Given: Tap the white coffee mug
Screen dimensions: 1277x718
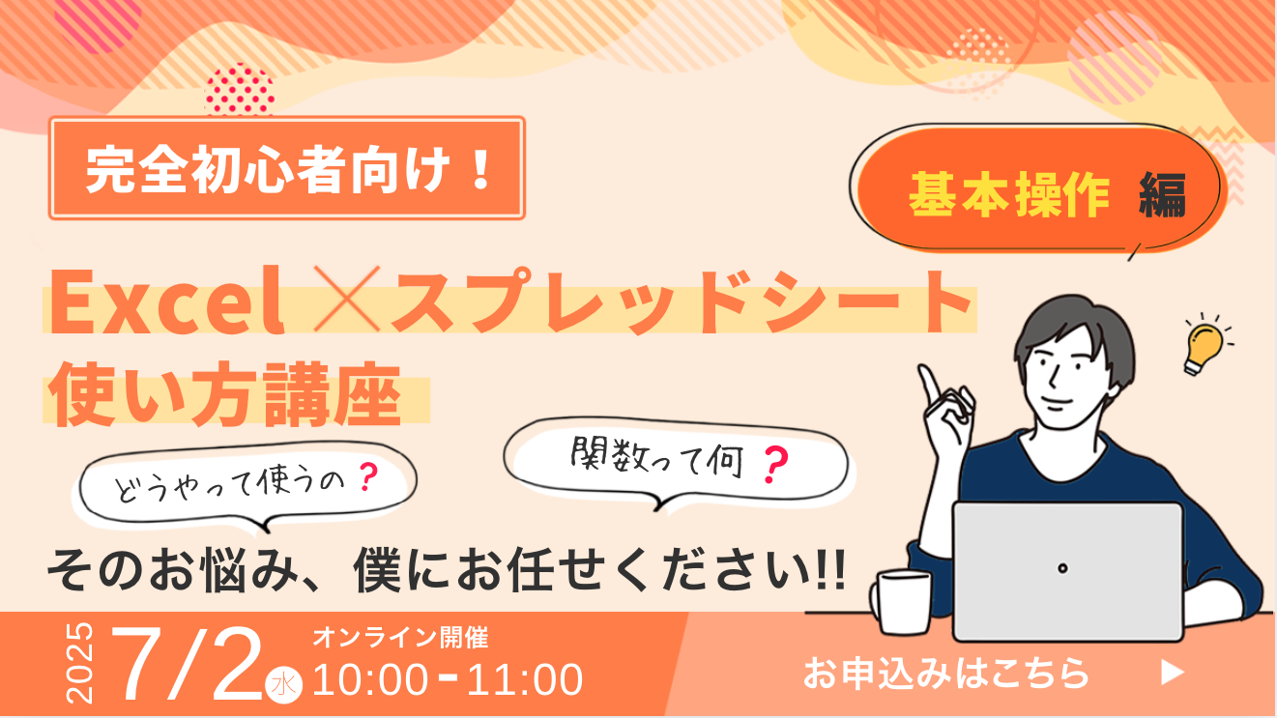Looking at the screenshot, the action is coord(902,602).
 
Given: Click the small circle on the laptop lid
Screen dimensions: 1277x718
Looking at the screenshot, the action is coord(1062,568).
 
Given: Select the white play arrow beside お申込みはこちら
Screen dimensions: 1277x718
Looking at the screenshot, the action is coord(1174,673).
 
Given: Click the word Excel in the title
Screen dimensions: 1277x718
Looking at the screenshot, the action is coord(167,302).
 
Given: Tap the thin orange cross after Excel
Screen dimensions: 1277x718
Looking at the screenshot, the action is coord(347,299).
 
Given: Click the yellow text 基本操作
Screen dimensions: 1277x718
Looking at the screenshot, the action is coord(1009,195).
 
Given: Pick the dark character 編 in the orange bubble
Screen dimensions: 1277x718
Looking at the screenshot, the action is coord(1162,195).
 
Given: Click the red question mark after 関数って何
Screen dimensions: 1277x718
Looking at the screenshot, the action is coord(776,465).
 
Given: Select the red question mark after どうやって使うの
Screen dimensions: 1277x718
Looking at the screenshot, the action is coord(368,477).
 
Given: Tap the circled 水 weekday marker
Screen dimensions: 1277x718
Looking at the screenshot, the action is coord(283,684).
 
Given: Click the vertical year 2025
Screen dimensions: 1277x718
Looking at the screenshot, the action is coord(79,663).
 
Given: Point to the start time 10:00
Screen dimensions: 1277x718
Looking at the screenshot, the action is coord(370,679).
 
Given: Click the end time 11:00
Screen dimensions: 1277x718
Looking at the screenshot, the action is coord(525,679).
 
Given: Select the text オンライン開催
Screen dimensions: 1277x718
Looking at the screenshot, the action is coord(401,638).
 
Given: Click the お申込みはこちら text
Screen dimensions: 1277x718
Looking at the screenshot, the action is coord(946,673).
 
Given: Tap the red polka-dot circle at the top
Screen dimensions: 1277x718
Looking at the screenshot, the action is coord(240,90).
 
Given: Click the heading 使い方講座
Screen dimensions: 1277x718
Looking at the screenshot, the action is coord(226,394).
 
